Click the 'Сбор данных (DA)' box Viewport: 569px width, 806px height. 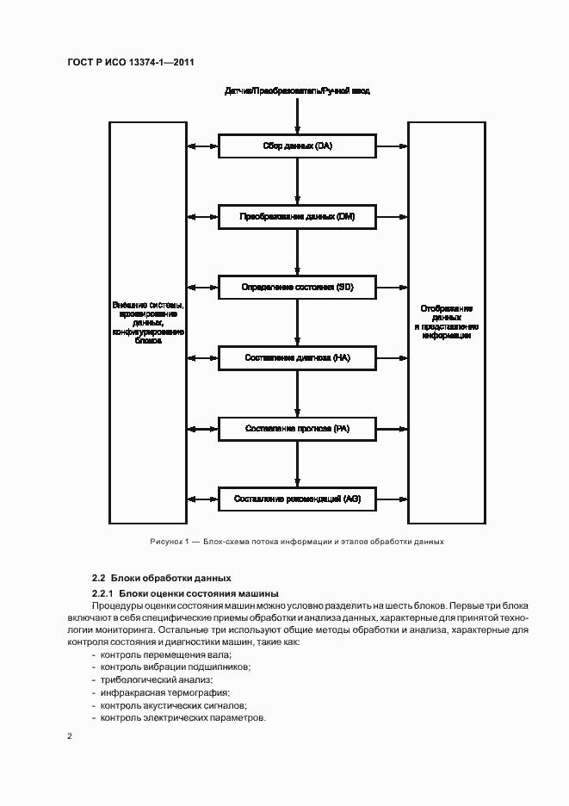coord(297,146)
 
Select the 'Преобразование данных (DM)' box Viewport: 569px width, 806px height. coord(297,217)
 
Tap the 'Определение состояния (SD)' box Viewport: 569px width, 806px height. coord(297,287)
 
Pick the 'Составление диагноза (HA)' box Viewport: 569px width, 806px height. coord(297,356)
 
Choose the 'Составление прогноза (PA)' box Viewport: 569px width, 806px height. coord(297,427)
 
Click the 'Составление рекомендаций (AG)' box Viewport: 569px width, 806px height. coord(297,498)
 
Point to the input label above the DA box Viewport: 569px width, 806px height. coord(297,90)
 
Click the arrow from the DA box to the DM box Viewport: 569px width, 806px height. coord(297,182)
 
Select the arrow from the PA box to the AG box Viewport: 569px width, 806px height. coord(297,462)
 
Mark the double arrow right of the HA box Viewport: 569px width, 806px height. coord(392,356)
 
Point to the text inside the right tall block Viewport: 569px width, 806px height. coord(446,321)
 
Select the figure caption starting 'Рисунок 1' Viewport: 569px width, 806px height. coord(297,542)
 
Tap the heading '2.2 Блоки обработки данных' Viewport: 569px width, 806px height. coord(162,577)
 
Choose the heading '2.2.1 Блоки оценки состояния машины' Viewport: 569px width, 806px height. coord(185,593)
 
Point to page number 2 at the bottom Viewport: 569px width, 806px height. coord(70,737)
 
